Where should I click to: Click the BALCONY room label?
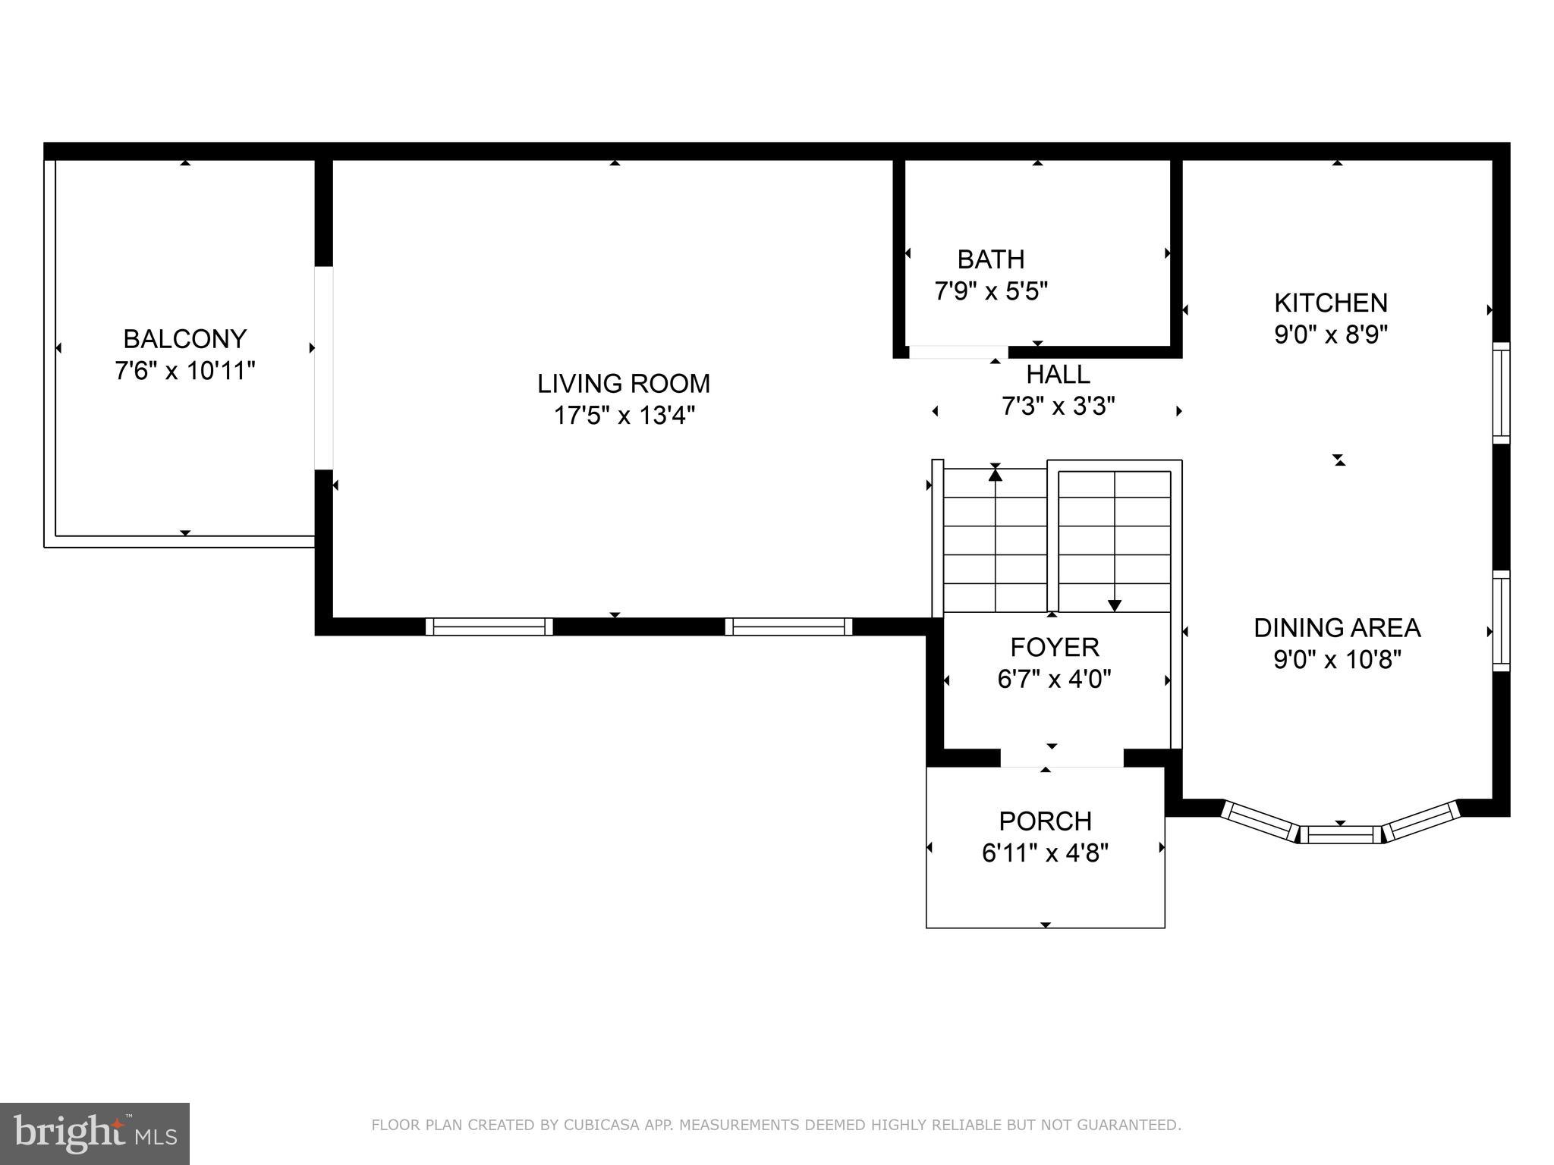coord(184,338)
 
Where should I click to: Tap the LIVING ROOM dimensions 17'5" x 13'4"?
coord(624,416)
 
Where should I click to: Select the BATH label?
coord(990,259)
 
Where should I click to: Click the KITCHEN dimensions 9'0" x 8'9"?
coord(1330,334)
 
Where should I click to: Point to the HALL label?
coord(1058,375)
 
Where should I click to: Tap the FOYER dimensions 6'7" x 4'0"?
coord(1054,679)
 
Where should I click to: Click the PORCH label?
coord(1045,821)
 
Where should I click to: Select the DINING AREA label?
coord(1336,628)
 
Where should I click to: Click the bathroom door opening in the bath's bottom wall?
coord(958,352)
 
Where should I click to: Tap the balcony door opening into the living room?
coord(324,368)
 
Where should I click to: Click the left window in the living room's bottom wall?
coord(489,626)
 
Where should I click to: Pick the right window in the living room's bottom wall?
coord(788,626)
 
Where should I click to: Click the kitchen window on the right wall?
coord(1501,393)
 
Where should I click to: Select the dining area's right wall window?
coord(1501,620)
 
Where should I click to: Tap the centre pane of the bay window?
coord(1341,835)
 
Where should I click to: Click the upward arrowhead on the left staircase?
coord(995,475)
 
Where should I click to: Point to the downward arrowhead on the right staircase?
coord(1114,605)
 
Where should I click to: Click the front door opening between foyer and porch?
coord(1061,758)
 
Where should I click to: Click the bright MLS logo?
coord(94,1133)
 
